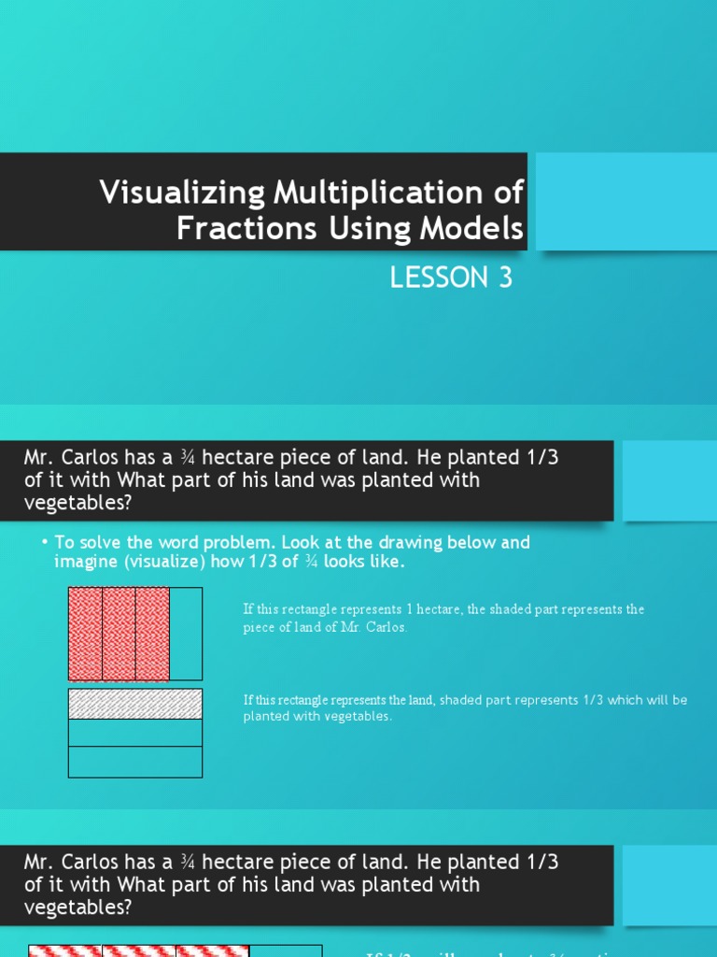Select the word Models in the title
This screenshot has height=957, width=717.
477,228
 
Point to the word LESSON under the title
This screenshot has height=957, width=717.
433,278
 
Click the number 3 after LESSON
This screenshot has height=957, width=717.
505,278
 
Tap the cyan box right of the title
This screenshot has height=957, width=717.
626,202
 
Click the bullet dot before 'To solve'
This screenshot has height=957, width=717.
45,543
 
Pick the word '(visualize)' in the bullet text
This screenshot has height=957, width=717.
169,562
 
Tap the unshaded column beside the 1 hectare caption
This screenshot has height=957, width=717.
186,634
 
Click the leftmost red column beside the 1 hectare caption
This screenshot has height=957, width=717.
85,634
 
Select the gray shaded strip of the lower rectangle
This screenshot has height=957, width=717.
135,704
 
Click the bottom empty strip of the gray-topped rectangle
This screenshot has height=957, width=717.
135,762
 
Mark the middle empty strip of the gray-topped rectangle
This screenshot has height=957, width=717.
135,733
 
